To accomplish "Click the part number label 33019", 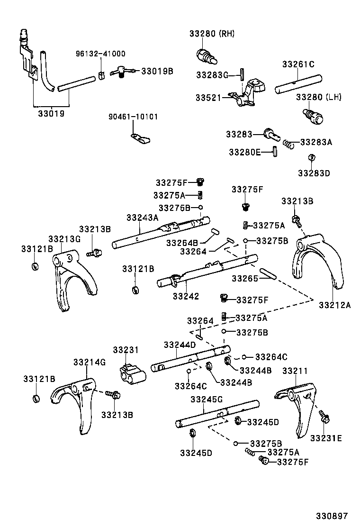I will coord(52,114).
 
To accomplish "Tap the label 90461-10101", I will coord(133,117).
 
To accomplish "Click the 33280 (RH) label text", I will coord(212,34).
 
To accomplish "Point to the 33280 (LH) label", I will coord(319,97).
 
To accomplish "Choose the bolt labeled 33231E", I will coord(325,417).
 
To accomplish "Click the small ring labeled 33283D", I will coord(311,158).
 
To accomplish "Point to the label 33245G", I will coord(206,400).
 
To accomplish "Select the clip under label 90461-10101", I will coord(141,138).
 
